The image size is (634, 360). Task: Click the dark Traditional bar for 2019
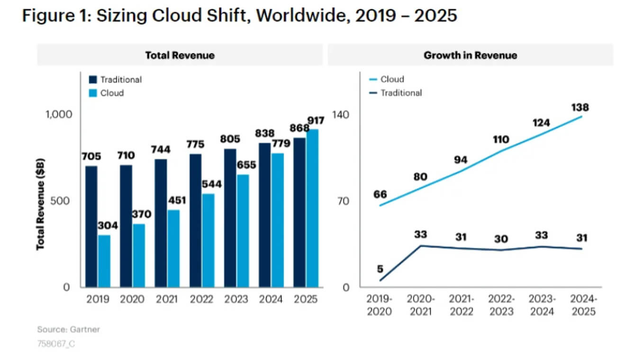(x=91, y=226)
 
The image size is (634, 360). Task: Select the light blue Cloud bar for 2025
(x=312, y=208)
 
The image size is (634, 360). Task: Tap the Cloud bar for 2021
(x=173, y=249)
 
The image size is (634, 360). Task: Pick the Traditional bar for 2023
(x=230, y=218)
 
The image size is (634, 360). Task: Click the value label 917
(x=315, y=120)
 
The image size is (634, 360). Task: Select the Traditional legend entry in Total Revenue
(x=115, y=80)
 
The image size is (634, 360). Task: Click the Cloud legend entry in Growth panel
(x=387, y=80)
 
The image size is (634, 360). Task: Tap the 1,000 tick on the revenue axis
(x=58, y=115)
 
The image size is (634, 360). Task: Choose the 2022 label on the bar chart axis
(x=201, y=299)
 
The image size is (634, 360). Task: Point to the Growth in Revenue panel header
(x=470, y=55)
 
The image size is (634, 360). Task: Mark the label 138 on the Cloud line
(x=580, y=108)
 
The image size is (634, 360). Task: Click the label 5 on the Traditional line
(x=380, y=269)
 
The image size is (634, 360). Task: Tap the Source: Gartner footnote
(x=69, y=329)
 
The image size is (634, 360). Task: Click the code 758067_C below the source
(x=56, y=344)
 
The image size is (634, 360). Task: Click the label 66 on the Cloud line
(x=380, y=194)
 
